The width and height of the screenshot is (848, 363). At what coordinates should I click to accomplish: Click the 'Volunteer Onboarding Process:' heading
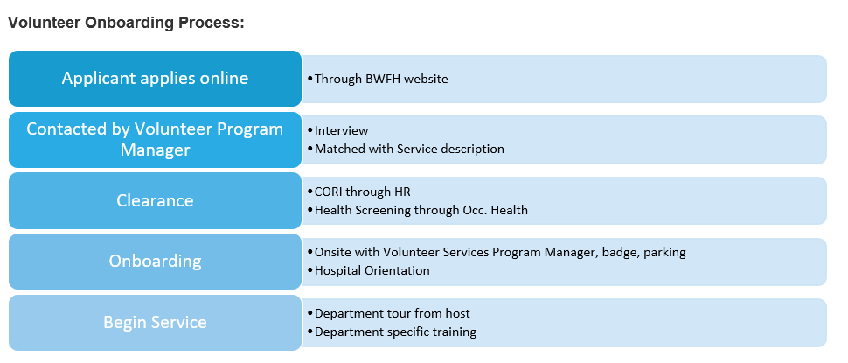click(126, 24)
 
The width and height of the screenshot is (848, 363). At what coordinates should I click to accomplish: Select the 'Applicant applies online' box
click(155, 79)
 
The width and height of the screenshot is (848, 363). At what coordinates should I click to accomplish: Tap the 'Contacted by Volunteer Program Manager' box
click(155, 139)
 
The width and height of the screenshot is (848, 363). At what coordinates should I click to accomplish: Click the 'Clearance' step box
click(155, 200)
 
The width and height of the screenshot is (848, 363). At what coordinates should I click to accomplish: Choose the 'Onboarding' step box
click(155, 261)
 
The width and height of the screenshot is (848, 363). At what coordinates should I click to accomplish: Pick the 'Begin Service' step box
click(155, 322)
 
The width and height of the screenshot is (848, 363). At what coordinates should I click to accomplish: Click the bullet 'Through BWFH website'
click(381, 79)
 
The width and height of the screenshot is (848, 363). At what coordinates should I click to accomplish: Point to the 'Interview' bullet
click(341, 130)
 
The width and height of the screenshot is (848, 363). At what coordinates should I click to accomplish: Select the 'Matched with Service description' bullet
click(409, 149)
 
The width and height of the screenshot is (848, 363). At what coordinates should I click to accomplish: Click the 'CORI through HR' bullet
click(362, 192)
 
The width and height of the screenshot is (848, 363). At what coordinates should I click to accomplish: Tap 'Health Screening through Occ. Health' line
click(421, 210)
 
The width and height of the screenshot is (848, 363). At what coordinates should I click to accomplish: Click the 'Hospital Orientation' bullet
click(372, 270)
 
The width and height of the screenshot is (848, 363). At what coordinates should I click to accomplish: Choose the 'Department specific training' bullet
click(395, 332)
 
